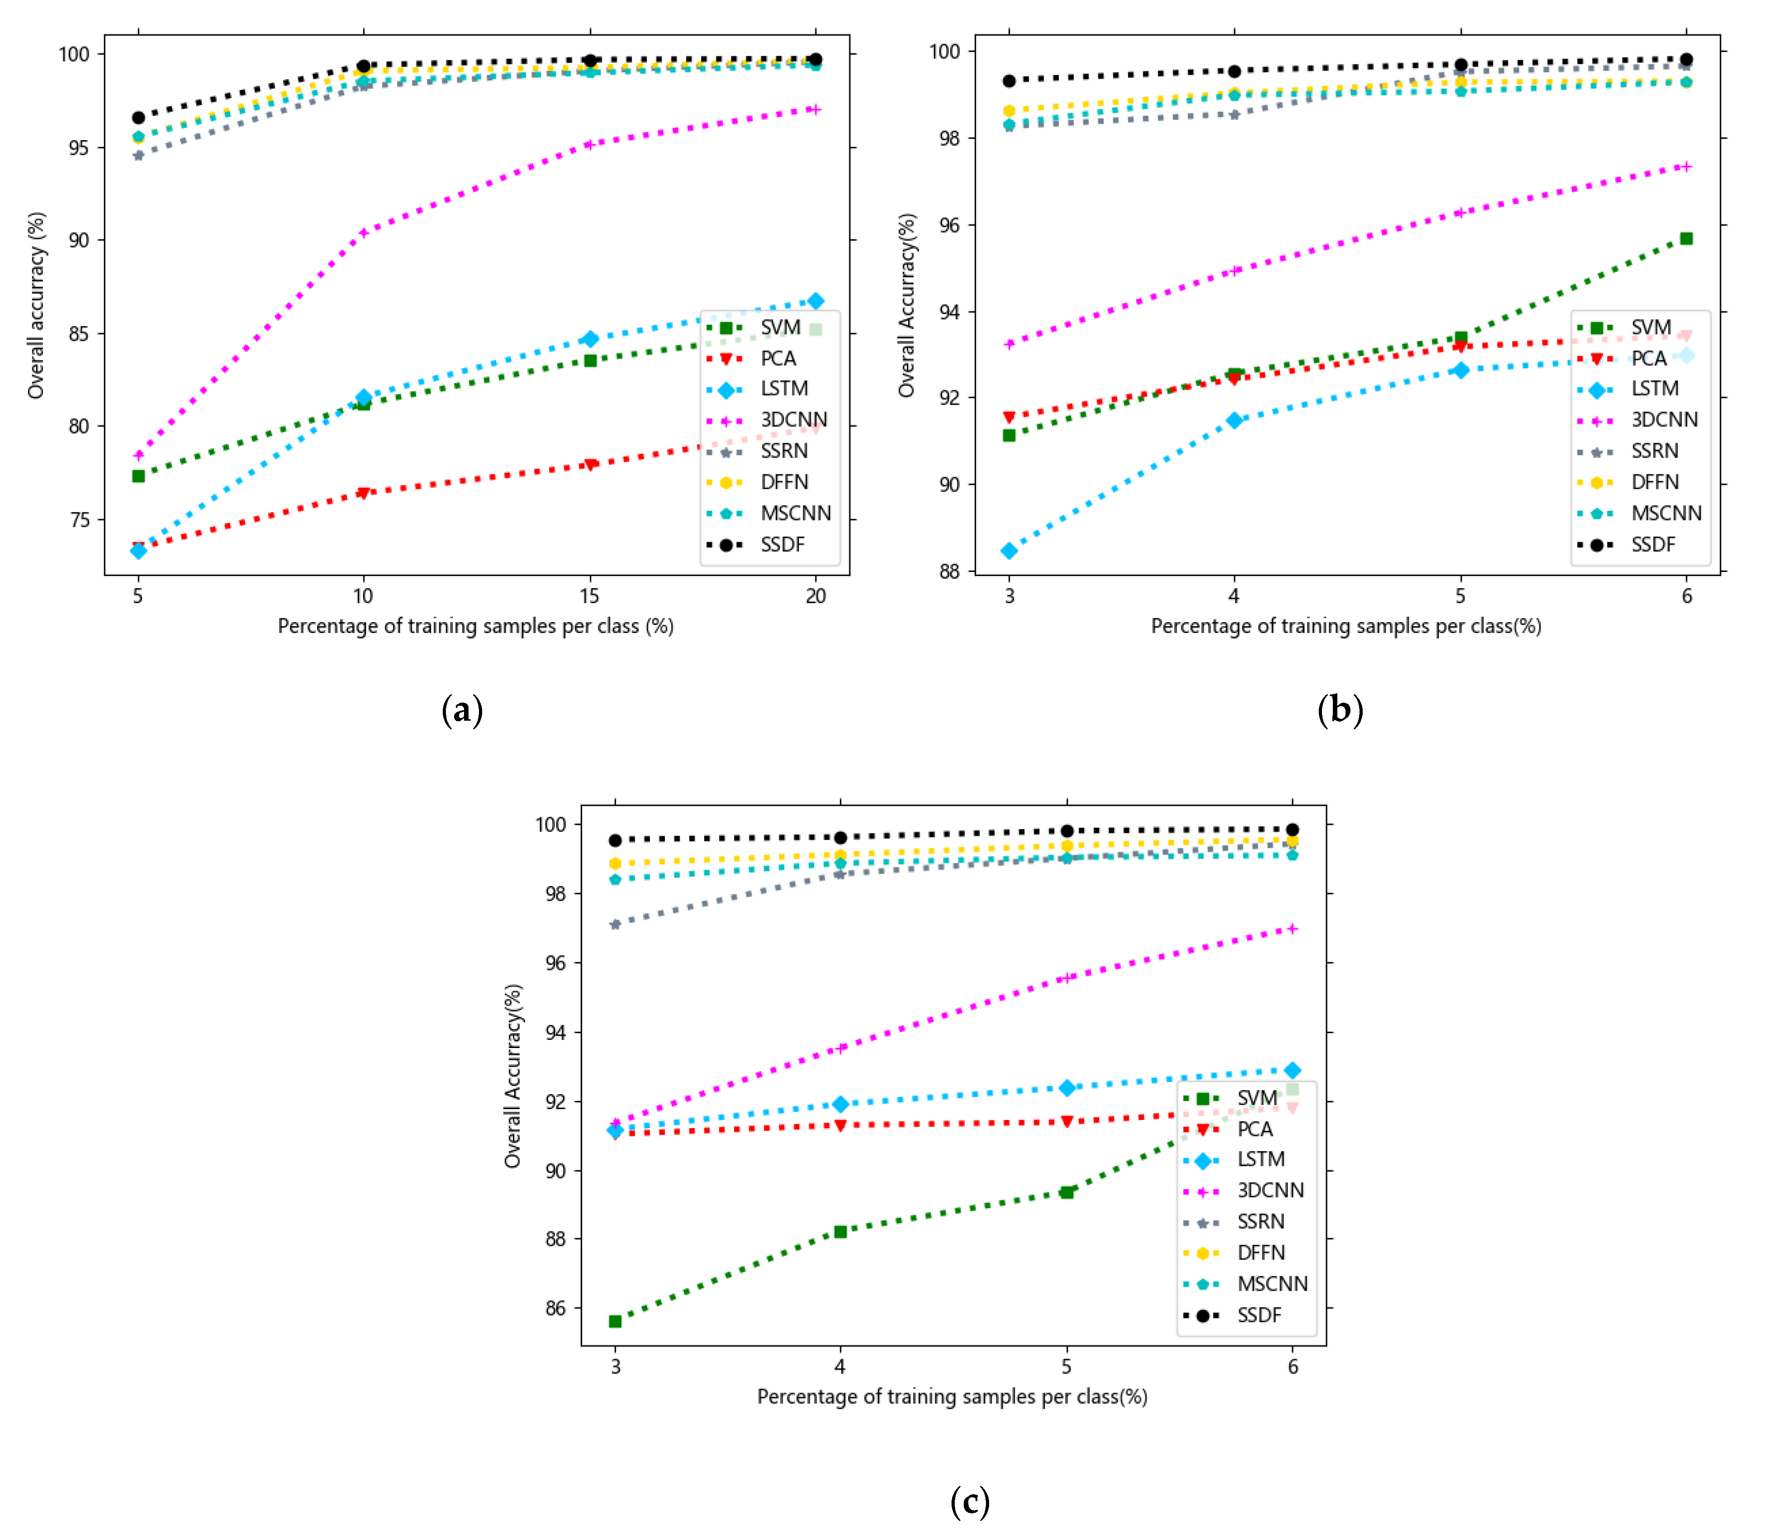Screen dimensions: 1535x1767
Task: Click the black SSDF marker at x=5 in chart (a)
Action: [138, 118]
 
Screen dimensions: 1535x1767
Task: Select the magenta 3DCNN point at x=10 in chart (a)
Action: [363, 232]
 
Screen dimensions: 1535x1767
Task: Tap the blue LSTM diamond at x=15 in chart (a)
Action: [590, 339]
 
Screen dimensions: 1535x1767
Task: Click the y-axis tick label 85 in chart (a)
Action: [79, 333]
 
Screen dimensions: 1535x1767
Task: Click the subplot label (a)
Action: [462, 710]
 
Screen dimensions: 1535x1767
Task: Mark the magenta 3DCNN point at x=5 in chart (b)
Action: [1460, 213]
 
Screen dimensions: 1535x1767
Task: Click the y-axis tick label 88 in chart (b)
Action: [949, 571]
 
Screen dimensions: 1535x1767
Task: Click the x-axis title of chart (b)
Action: [1345, 626]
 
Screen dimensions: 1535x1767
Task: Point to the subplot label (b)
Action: [1340, 710]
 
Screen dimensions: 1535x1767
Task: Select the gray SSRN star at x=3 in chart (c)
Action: [615, 924]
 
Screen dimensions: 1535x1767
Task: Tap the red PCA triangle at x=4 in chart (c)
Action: [841, 1125]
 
